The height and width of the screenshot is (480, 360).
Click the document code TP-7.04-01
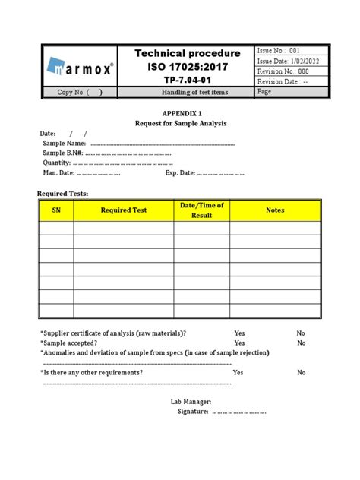pyautogui.click(x=187, y=79)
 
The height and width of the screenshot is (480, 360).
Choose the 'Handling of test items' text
pyautogui.click(x=187, y=92)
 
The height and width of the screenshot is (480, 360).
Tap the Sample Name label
pyautogui.click(x=64, y=143)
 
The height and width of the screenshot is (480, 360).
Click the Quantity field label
pyautogui.click(x=56, y=163)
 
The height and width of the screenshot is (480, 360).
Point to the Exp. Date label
pyautogui.click(x=180, y=172)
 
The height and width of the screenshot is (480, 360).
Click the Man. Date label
pyautogui.click(x=59, y=172)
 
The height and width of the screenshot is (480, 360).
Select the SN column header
pyautogui.click(x=55, y=210)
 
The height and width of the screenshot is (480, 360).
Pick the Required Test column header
pyautogui.click(x=124, y=210)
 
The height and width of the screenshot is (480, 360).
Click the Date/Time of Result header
pyautogui.click(x=201, y=210)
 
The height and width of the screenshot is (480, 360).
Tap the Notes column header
pyautogui.click(x=274, y=210)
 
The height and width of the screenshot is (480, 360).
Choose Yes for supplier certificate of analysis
pyautogui.click(x=239, y=333)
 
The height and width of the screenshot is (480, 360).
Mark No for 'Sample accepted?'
pyautogui.click(x=302, y=343)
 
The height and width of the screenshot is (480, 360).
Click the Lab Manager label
pyautogui.click(x=191, y=402)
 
